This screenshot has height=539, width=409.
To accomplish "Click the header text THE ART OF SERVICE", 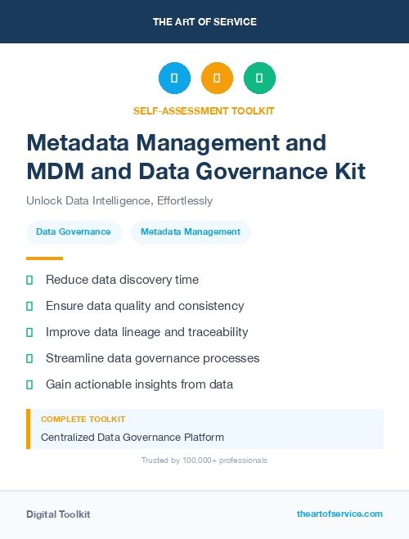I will click(x=204, y=21).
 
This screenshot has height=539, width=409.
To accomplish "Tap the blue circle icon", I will click(x=174, y=78).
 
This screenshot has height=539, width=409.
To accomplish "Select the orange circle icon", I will click(x=217, y=78).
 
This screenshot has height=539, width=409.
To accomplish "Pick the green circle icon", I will click(x=259, y=78).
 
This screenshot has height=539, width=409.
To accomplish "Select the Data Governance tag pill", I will click(x=74, y=231).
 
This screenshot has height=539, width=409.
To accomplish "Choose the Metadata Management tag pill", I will click(x=191, y=231).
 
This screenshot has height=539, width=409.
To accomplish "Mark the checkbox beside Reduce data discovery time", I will click(x=29, y=280).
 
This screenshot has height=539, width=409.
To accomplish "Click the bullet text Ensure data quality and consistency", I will click(x=145, y=306).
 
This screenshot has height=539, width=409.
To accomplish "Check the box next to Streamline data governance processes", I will click(x=29, y=358).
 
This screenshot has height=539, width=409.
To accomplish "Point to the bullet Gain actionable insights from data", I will click(x=139, y=384).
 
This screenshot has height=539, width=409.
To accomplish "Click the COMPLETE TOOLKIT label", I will click(x=83, y=419).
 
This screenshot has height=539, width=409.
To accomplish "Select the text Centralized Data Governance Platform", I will click(x=133, y=437).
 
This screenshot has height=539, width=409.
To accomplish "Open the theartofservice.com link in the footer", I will click(x=339, y=514).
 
